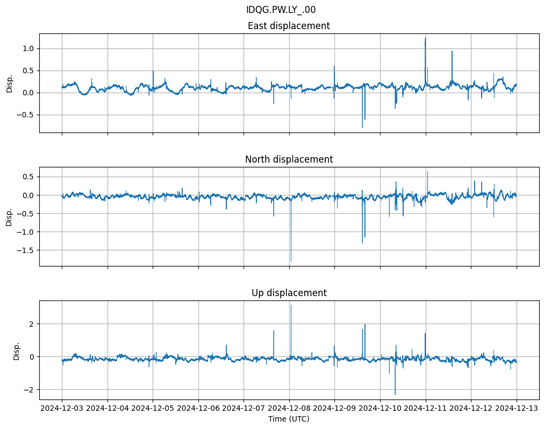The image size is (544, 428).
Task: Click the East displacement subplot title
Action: click(289, 26)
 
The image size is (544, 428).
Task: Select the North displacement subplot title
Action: click(289, 159)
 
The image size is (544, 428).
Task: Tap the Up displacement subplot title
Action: click(289, 293)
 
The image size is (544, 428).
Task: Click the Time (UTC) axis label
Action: click(289, 418)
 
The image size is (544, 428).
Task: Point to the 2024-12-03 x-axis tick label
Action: click(62, 409)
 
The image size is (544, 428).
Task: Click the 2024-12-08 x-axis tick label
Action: click(289, 409)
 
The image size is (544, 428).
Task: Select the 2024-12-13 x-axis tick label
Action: click(517, 409)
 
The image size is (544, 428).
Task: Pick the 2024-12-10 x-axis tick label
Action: click(380, 409)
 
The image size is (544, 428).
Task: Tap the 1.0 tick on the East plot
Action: click(28, 48)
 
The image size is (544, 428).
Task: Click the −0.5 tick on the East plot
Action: click(26, 115)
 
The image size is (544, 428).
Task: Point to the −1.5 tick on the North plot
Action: click(26, 250)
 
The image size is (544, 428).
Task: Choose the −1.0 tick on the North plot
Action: click(26, 232)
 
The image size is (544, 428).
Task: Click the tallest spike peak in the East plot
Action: click(425, 38)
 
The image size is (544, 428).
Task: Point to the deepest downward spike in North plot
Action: click(291, 261)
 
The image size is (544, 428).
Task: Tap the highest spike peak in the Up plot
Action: click(291, 305)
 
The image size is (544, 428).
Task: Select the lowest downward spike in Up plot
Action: click(395, 395)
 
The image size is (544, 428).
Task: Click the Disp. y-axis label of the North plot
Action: click(9, 216)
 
